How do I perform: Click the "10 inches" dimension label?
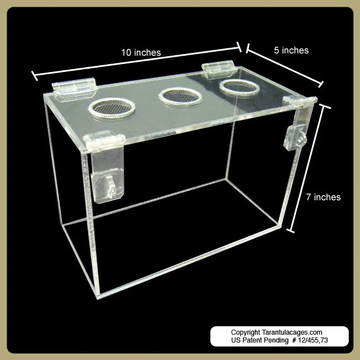[x=141, y=52]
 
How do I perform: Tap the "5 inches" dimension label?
[x=291, y=50]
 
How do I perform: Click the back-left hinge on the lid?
[x=74, y=89]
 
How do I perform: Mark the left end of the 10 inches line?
[x=33, y=74]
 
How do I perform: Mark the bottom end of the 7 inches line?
[x=292, y=231]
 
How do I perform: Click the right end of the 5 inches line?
[x=322, y=85]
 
